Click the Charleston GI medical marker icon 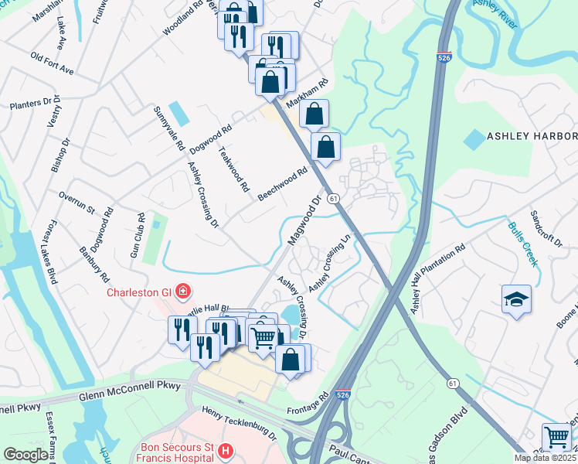183,292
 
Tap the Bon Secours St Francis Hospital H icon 225,450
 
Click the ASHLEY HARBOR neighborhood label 532,136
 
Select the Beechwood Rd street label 283,184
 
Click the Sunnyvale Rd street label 169,128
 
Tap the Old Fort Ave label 52,63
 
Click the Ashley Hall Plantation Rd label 437,279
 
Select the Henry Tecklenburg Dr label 239,422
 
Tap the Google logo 25,455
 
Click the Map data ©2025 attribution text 546,458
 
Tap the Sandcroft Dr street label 546,227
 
